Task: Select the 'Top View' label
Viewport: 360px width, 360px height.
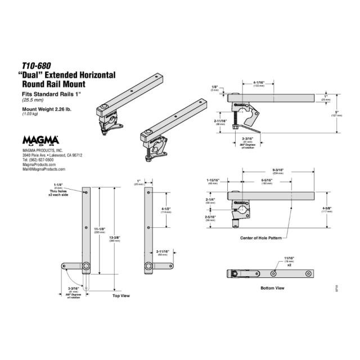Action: pos(121,294)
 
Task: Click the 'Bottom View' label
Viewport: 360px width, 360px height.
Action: pos(272,288)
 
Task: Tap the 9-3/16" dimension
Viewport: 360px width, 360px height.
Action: pos(277,169)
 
